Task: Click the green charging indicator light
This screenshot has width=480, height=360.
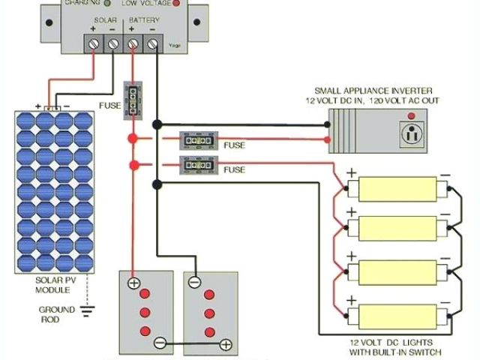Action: coord(107,4)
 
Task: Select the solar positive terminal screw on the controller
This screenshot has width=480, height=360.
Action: coord(94,45)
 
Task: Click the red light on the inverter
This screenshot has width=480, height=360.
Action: coord(410,117)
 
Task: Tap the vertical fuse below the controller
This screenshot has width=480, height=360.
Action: coord(133,98)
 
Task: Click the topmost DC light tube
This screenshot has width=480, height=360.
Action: coord(397,188)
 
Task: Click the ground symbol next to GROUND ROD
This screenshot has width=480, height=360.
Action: coord(88,310)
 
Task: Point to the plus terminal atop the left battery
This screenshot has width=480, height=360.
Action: coord(133,283)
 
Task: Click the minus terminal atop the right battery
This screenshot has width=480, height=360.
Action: coord(195,283)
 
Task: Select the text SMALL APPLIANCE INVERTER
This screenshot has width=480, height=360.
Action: coord(371,90)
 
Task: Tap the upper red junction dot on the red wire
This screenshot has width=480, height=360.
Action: coord(133,139)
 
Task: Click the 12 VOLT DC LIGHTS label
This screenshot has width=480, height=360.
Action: coord(394,343)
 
